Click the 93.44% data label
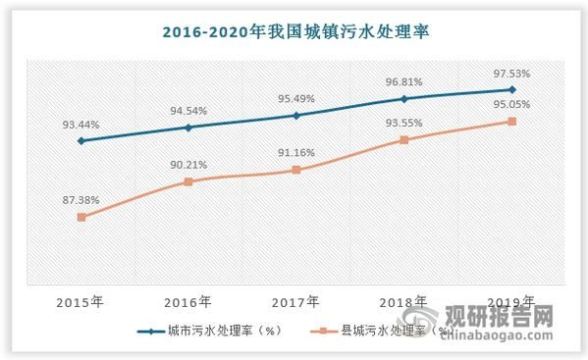click(x=80, y=125)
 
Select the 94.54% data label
click(x=188, y=111)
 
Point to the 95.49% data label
click(x=296, y=99)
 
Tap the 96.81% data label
click(x=403, y=82)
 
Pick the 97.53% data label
click(x=510, y=74)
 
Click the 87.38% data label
click(x=80, y=200)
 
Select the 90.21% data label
click(x=188, y=165)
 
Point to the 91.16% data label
click(x=296, y=153)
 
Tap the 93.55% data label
click(x=403, y=124)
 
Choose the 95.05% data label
click(x=510, y=105)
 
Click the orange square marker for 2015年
click(x=81, y=217)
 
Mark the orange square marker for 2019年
click(x=511, y=122)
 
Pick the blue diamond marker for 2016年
click(x=188, y=128)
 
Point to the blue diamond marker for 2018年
click(x=403, y=98)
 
